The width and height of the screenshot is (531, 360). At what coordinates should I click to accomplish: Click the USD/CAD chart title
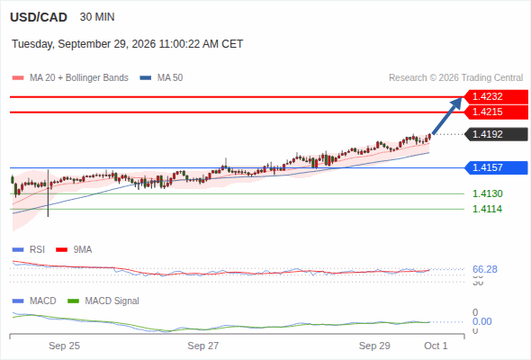click(39, 17)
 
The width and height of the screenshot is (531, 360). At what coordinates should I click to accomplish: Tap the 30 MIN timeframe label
click(97, 17)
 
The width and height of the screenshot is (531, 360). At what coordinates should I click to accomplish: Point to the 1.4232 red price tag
click(496, 97)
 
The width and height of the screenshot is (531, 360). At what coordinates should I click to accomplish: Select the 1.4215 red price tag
click(496, 112)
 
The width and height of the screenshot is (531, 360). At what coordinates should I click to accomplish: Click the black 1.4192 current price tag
click(496, 134)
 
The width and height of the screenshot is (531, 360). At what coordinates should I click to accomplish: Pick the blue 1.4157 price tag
click(496, 167)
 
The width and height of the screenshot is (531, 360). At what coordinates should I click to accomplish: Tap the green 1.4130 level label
click(487, 193)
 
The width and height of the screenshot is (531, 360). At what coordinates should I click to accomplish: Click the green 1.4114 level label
click(487, 209)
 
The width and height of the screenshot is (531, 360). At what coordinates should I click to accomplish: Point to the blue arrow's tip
click(462, 97)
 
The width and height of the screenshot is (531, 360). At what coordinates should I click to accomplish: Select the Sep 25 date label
click(64, 346)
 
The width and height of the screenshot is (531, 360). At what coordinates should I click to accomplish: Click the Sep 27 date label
click(203, 346)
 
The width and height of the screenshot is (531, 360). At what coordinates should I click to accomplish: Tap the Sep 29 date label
click(374, 346)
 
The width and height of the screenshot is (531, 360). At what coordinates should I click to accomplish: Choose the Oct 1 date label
click(436, 346)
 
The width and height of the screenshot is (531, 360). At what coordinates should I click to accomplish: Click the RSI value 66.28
click(485, 270)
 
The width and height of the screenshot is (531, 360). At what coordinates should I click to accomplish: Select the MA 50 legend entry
click(161, 78)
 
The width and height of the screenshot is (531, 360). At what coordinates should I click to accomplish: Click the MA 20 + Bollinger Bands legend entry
click(70, 78)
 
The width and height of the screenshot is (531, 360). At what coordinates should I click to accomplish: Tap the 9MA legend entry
click(74, 250)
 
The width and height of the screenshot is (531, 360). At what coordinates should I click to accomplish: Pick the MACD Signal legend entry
click(103, 301)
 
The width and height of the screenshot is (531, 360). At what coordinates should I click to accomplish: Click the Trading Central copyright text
click(455, 78)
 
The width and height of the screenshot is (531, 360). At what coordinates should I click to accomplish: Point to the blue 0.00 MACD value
click(481, 321)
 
